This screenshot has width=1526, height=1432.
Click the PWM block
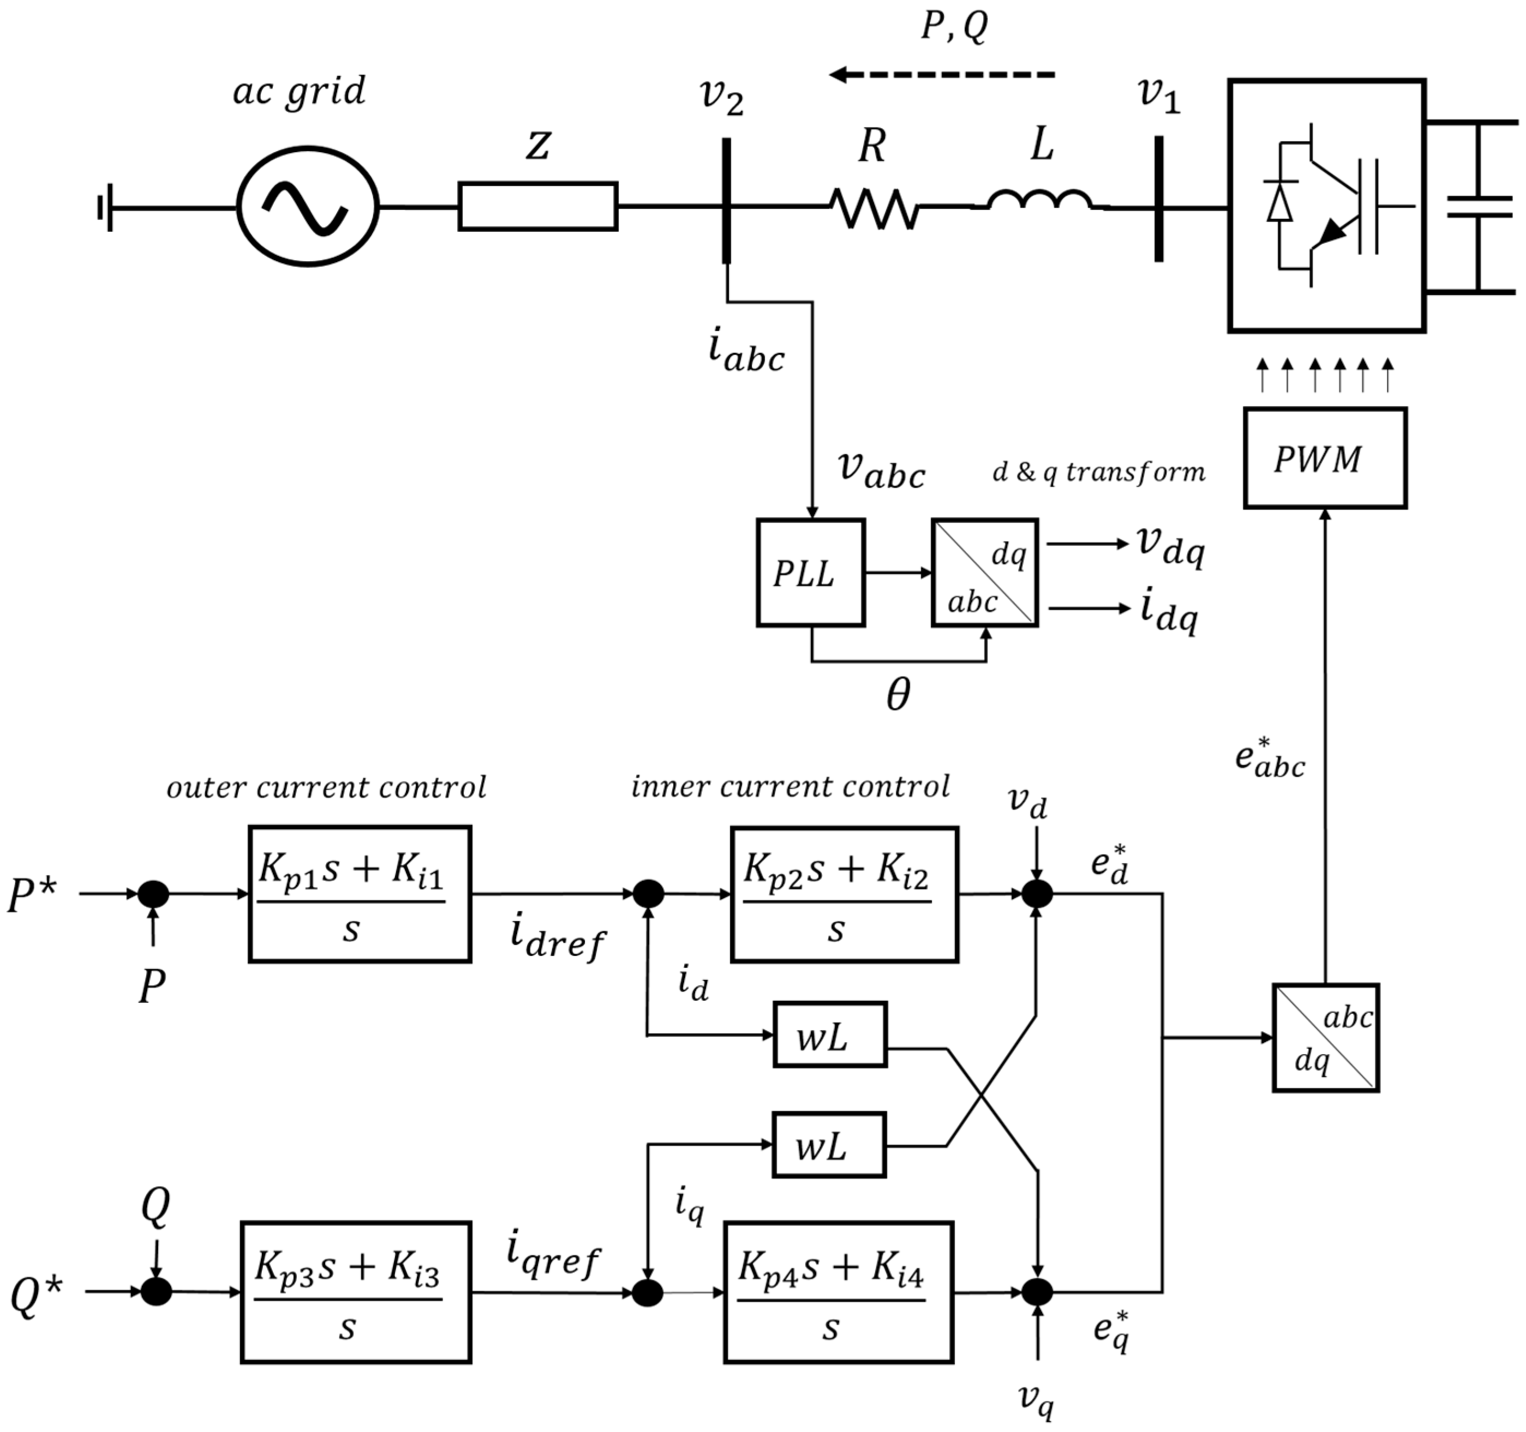click(x=1325, y=458)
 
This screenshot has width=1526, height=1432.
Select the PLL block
click(x=811, y=573)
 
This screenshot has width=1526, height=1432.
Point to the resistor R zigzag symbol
click(x=873, y=208)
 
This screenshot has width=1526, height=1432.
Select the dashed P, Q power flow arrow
click(x=943, y=75)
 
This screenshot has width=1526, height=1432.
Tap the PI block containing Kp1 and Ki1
click(x=359, y=894)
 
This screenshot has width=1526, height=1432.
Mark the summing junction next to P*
click(x=153, y=894)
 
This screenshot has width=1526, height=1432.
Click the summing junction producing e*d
click(x=1037, y=894)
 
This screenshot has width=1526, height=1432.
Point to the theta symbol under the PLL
click(x=897, y=695)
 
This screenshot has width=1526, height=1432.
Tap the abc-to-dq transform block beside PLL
click(x=985, y=573)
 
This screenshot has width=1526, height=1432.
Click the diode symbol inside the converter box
click(x=1279, y=203)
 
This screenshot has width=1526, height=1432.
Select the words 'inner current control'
click(x=790, y=786)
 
